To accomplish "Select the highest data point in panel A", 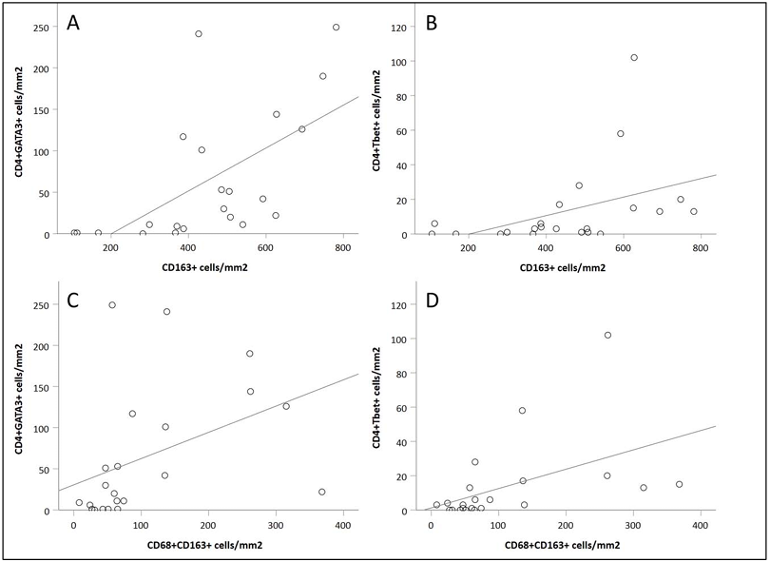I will pyautogui.click(x=336, y=28).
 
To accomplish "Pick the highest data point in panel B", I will pyautogui.click(x=634, y=57).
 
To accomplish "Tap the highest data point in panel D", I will pyautogui.click(x=607, y=335).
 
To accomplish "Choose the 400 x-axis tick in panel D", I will pyautogui.click(x=700, y=526).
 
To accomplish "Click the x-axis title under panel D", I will pyautogui.click(x=568, y=545).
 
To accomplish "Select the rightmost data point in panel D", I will pyautogui.click(x=679, y=484).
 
